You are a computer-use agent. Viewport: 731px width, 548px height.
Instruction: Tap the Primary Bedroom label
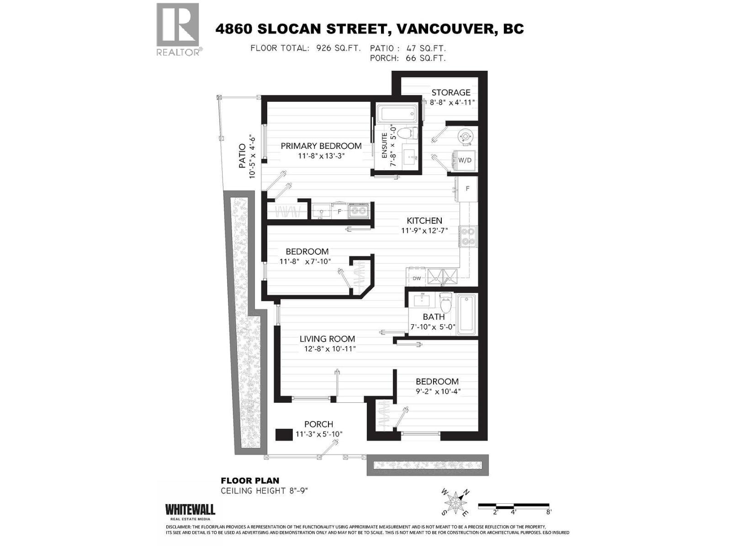pos(321,146)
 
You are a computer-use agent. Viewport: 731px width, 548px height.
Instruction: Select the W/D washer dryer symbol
pos(465,160)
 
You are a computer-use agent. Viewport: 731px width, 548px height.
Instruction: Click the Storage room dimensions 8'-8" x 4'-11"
pos(452,102)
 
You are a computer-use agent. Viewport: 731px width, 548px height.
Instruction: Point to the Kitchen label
pos(424,221)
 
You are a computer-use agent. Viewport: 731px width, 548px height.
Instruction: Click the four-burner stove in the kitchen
pos(468,237)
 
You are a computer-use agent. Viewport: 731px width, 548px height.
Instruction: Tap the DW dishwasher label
pos(417,278)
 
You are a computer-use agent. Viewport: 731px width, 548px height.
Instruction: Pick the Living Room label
pos(327,339)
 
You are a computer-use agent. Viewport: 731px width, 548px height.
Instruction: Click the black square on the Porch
pos(284,434)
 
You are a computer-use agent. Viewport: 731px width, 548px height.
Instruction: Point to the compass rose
pos(455,502)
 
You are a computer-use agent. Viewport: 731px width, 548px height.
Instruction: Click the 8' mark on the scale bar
pos(549,512)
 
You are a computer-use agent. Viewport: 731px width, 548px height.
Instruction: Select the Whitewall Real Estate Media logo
pos(190,511)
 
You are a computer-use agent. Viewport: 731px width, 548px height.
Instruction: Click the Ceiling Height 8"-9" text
pos(265,491)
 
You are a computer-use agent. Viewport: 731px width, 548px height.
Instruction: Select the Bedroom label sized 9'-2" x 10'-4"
pos(437,381)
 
